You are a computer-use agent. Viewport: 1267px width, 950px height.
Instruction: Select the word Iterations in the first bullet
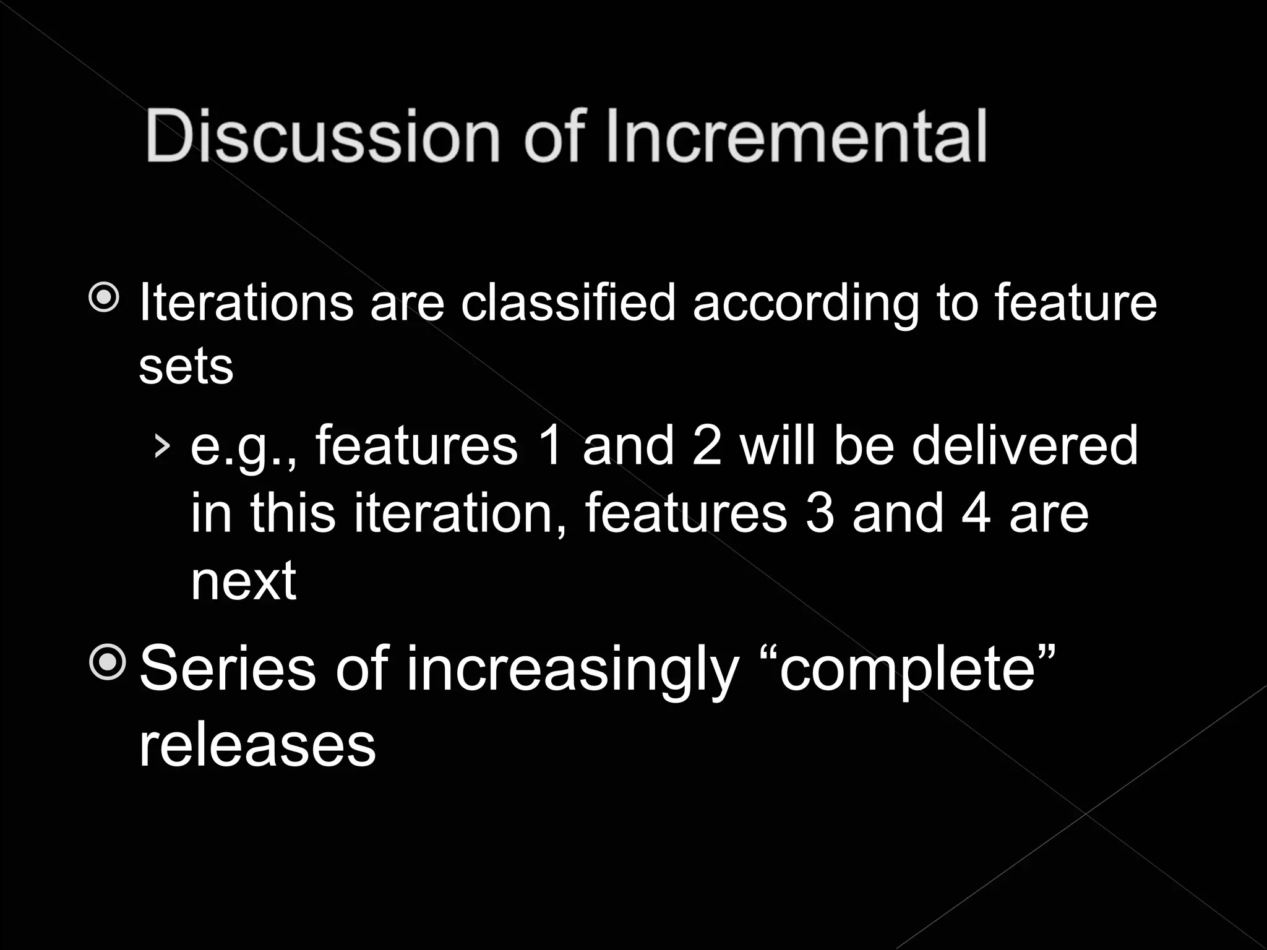pyautogui.click(x=246, y=303)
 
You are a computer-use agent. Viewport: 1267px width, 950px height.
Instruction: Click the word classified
pyautogui.click(x=568, y=303)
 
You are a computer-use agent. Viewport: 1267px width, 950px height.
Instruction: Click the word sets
pyautogui.click(x=186, y=367)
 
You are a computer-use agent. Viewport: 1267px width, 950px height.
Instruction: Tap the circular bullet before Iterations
pyautogui.click(x=104, y=299)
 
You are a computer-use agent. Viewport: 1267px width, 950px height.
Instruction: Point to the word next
pyautogui.click(x=243, y=581)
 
